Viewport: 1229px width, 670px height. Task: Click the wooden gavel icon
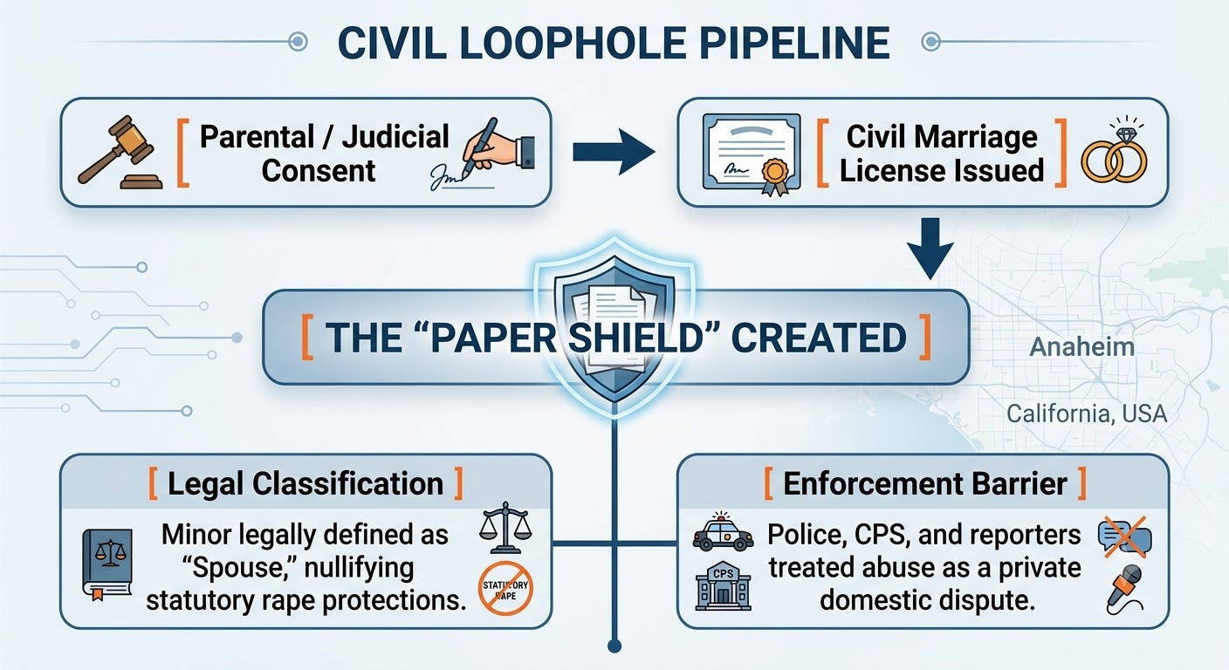pos(120,153)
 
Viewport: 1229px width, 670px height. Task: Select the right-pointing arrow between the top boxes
pos(614,153)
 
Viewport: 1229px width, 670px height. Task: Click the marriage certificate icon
pos(752,154)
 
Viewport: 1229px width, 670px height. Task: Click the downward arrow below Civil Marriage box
pos(930,249)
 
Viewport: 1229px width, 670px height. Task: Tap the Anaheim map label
pos(1082,347)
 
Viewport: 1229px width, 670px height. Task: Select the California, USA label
pos(1087,414)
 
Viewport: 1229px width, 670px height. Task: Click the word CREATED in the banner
pos(819,338)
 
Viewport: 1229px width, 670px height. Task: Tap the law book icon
pos(107,564)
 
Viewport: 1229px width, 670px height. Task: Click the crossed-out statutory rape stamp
pos(505,588)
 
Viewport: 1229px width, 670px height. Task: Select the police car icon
pos(723,532)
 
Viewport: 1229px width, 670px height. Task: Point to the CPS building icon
pos(723,585)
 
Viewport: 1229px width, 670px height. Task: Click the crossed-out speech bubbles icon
pos(1125,537)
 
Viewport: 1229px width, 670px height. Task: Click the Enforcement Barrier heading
pos(925,483)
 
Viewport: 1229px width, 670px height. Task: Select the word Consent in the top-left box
pos(319,170)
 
